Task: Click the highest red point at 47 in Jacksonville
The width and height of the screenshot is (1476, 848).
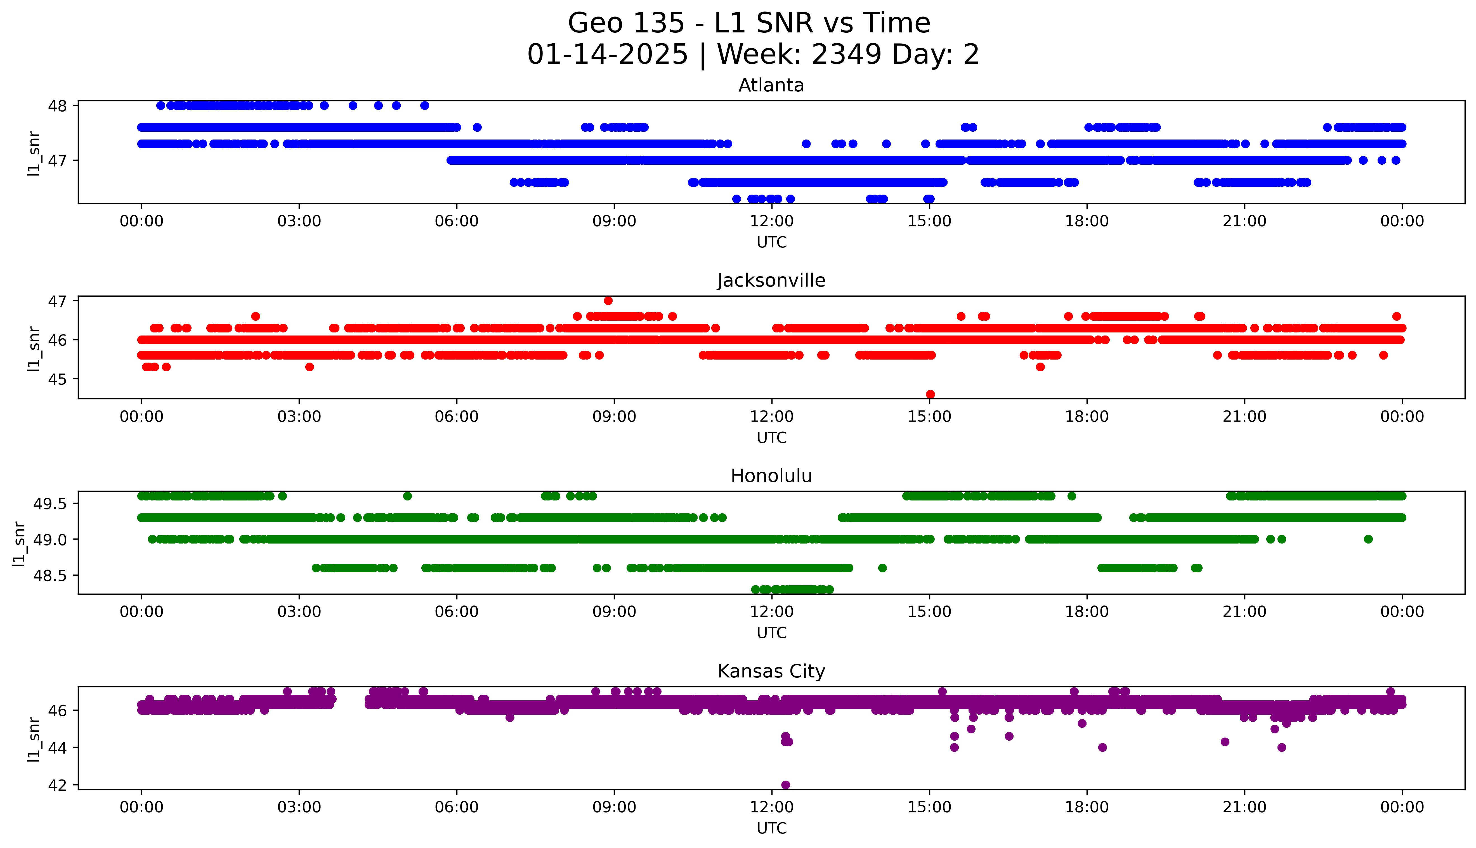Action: coord(608,301)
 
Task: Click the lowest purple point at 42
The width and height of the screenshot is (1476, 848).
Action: coord(785,785)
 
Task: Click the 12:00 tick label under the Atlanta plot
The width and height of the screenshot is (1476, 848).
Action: coord(771,221)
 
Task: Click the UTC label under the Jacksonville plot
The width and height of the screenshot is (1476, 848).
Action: coord(771,437)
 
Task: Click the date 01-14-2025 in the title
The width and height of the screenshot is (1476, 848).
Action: coord(607,55)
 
